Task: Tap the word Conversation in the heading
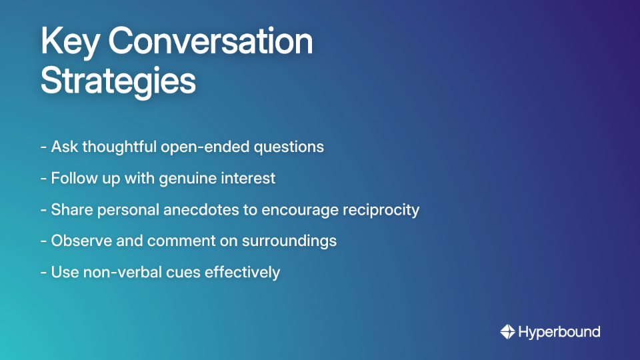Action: coord(210,42)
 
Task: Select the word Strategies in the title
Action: coord(118,81)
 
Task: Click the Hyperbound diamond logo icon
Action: coord(507,331)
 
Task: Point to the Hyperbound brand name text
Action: coord(559,331)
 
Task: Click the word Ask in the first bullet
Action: coord(64,147)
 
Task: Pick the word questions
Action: coord(288,147)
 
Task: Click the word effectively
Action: coord(237,272)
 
